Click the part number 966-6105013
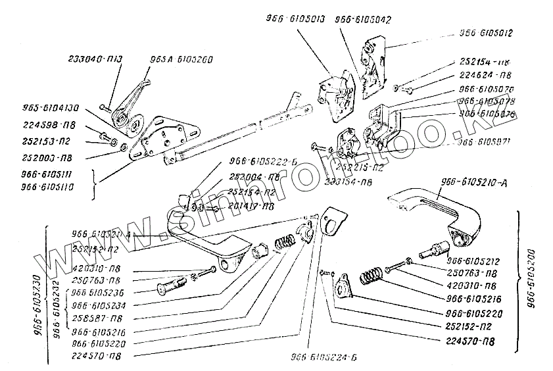[x=295, y=20]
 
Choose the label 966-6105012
[x=486, y=32]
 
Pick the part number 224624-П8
[x=485, y=75]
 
